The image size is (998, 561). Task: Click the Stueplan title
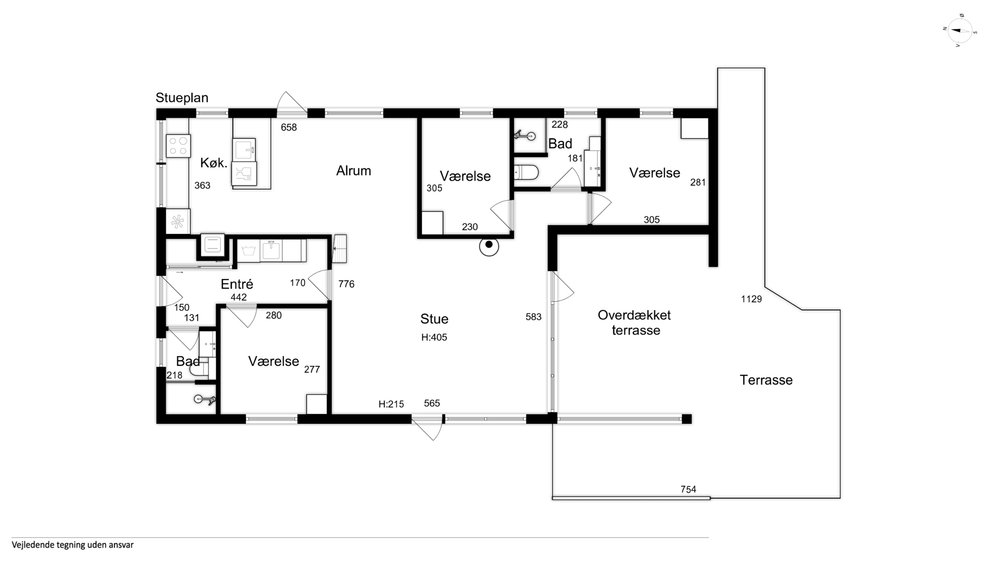pos(182,98)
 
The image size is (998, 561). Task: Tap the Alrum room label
pos(353,171)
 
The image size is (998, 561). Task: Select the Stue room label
pos(434,319)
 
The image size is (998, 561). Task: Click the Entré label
pos(237,284)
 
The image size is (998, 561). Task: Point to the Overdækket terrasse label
pos(634,322)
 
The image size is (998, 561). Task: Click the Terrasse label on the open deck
pos(766,380)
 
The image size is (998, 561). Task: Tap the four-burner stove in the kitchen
pos(178,146)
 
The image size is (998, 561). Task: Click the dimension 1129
pos(751,299)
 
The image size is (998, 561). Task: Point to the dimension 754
pos(688,489)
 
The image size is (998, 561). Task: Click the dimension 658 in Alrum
pos(289,127)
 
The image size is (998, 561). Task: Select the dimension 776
pos(346,284)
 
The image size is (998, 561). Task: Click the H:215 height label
pos(391,404)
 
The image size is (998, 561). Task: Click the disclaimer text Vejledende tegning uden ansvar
pos(73,545)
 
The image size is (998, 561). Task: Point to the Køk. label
pos(213,163)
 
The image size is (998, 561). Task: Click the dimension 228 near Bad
pos(559,124)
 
